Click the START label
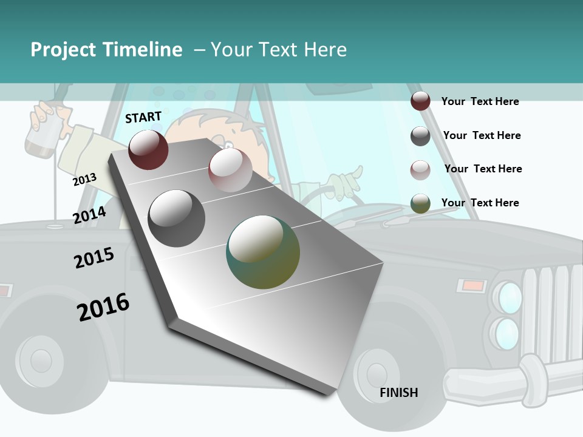click(x=143, y=117)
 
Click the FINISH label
click(x=399, y=393)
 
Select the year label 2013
click(x=84, y=179)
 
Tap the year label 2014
click(x=89, y=214)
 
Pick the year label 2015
click(x=94, y=258)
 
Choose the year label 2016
click(x=103, y=307)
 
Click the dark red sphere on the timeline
click(x=148, y=149)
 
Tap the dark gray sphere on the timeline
click(x=177, y=218)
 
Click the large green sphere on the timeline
click(x=263, y=252)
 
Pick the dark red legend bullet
click(x=420, y=101)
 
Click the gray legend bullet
click(x=420, y=136)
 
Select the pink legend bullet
click(x=420, y=170)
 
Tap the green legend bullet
click(x=420, y=203)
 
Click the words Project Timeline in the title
click(x=106, y=50)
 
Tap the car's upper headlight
click(x=508, y=297)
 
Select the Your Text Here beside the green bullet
click(x=480, y=203)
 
